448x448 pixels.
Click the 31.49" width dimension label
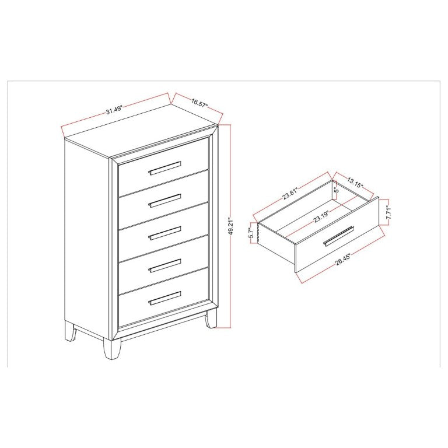pyautogui.click(x=114, y=110)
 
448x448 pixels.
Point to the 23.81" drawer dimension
pyautogui.click(x=290, y=194)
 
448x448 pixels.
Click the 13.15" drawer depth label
pyautogui.click(x=355, y=182)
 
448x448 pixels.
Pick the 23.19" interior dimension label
pyautogui.click(x=321, y=216)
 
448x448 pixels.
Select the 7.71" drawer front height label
pyautogui.click(x=388, y=213)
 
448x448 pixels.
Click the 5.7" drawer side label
pyautogui.click(x=251, y=233)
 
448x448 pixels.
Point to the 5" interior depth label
pyautogui.click(x=337, y=189)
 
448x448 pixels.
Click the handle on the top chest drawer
pyautogui.click(x=164, y=168)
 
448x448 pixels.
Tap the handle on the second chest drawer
pyautogui.click(x=164, y=201)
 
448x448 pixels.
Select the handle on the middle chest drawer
pyautogui.click(x=164, y=233)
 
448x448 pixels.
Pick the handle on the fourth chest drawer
pyautogui.click(x=164, y=265)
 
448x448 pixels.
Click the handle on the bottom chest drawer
pyautogui.click(x=164, y=298)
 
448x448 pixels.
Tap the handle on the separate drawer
pyautogui.click(x=339, y=236)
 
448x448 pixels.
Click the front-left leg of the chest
pyautogui.click(x=112, y=349)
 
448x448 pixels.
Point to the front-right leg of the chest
pyautogui.click(x=210, y=319)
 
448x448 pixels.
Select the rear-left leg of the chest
pyautogui.click(x=70, y=331)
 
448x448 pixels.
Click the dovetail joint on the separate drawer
pyautogui.click(x=258, y=233)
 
